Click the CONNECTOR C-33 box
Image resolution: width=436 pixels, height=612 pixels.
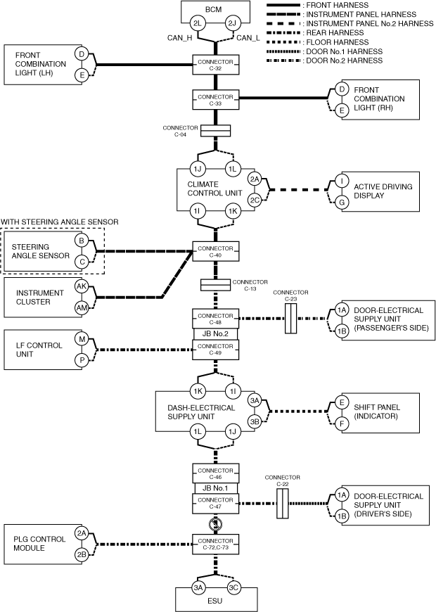215,99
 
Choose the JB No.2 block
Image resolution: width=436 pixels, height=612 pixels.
215,333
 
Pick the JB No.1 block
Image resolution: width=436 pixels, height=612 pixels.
215,487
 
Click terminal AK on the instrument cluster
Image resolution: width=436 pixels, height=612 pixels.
82,286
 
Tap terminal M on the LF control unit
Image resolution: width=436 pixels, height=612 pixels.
82,340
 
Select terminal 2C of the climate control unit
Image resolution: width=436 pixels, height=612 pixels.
255,199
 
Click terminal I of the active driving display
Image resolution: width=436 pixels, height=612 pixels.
342,181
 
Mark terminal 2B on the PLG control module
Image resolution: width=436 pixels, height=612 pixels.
82,554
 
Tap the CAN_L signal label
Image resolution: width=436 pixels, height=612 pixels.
252,38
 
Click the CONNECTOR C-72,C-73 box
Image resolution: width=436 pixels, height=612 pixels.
215,543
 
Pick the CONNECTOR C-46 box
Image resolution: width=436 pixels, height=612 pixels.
215,471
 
